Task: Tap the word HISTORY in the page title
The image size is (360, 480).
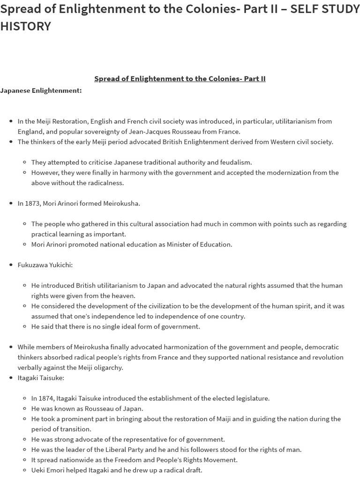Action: tap(25, 27)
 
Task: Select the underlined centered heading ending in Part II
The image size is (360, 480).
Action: tap(180, 78)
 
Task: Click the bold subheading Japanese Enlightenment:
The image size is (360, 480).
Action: tap(41, 90)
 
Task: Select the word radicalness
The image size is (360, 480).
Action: tap(106, 183)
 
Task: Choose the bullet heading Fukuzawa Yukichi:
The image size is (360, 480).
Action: tap(45, 265)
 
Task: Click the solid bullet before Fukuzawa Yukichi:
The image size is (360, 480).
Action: tap(11, 265)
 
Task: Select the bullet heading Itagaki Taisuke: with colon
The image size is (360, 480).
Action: tap(41, 378)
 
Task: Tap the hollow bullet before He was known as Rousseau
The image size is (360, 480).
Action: tap(24, 409)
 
